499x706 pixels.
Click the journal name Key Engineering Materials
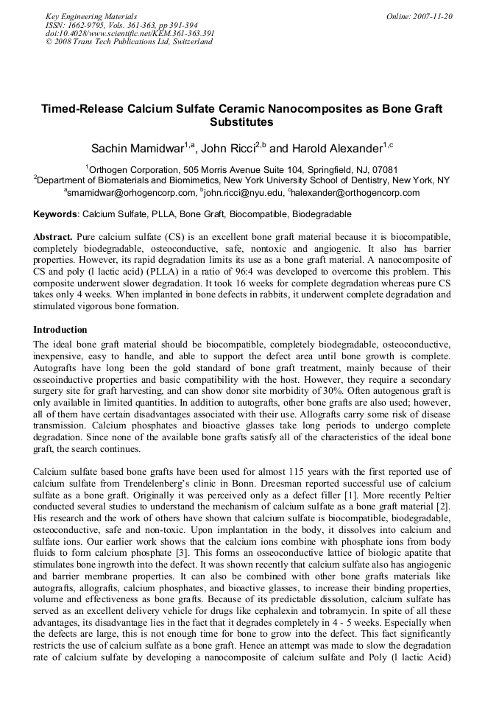tap(91, 16)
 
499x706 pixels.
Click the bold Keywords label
tap(56, 215)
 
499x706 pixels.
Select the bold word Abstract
tap(53, 239)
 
